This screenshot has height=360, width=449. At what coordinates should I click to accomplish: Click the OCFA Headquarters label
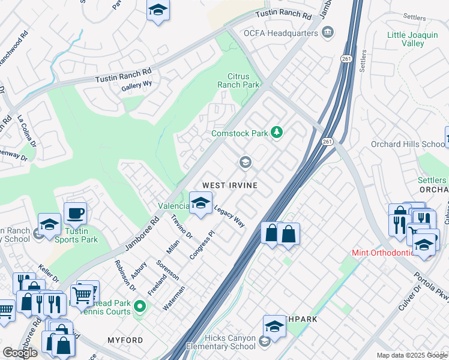pyautogui.click(x=280, y=33)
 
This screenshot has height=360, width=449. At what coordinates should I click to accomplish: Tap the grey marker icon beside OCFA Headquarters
pyautogui.click(x=328, y=32)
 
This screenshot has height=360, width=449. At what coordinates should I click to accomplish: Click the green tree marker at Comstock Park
pyautogui.click(x=276, y=132)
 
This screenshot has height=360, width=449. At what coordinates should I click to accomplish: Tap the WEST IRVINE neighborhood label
pyautogui.click(x=230, y=185)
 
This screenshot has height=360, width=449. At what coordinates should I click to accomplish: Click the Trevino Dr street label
pyautogui.click(x=181, y=225)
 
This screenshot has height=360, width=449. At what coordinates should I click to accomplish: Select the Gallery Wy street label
pyautogui.click(x=135, y=86)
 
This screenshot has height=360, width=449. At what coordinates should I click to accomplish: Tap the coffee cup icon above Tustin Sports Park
pyautogui.click(x=75, y=213)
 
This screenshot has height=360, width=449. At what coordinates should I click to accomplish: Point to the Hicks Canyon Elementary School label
pyautogui.click(x=221, y=342)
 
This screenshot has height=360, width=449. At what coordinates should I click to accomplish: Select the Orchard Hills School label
pyautogui.click(x=417, y=144)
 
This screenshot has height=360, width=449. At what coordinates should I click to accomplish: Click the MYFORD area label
pyautogui.click(x=125, y=340)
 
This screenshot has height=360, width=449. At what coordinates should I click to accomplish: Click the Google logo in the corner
pyautogui.click(x=20, y=353)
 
